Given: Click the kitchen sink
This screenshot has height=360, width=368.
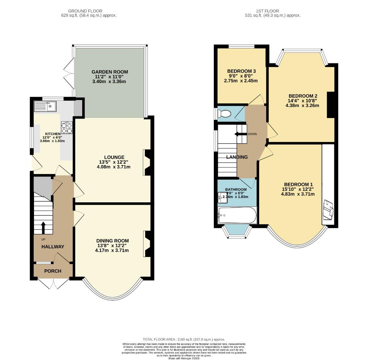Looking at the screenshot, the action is (45, 106).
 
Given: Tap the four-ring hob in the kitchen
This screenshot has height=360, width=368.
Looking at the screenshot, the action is (67, 128).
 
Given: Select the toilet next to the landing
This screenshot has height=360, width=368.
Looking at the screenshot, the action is (224, 114).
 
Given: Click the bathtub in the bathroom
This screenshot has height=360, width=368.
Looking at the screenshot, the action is (237, 215).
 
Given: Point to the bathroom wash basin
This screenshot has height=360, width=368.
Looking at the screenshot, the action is (222, 198).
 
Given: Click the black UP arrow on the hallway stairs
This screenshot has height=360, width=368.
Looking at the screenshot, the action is (43, 228).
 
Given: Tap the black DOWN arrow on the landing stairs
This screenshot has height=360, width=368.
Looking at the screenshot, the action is (239, 134).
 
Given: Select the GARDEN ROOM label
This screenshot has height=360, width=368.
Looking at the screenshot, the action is (110, 72).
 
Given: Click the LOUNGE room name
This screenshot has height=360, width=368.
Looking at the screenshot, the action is (114, 157).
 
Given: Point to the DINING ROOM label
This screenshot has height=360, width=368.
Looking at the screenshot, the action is (113, 241).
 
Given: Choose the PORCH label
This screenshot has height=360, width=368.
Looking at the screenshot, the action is (53, 271).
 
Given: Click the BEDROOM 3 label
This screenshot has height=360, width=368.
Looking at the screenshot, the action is (241, 71).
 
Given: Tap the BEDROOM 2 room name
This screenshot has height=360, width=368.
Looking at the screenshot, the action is (303, 96).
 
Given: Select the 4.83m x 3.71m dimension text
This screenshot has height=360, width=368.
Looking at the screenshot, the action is (298, 194).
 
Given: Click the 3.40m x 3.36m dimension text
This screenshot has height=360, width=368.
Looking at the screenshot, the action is (109, 81).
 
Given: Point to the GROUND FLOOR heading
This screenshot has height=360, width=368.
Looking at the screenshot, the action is (85, 11).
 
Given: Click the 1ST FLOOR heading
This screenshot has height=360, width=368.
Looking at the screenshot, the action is (267, 11).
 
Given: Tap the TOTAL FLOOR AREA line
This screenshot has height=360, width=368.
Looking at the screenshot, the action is (184, 339).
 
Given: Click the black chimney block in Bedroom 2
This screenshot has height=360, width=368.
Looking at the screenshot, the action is (331, 105).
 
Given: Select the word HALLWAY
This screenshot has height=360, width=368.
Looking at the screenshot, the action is (53, 247).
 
